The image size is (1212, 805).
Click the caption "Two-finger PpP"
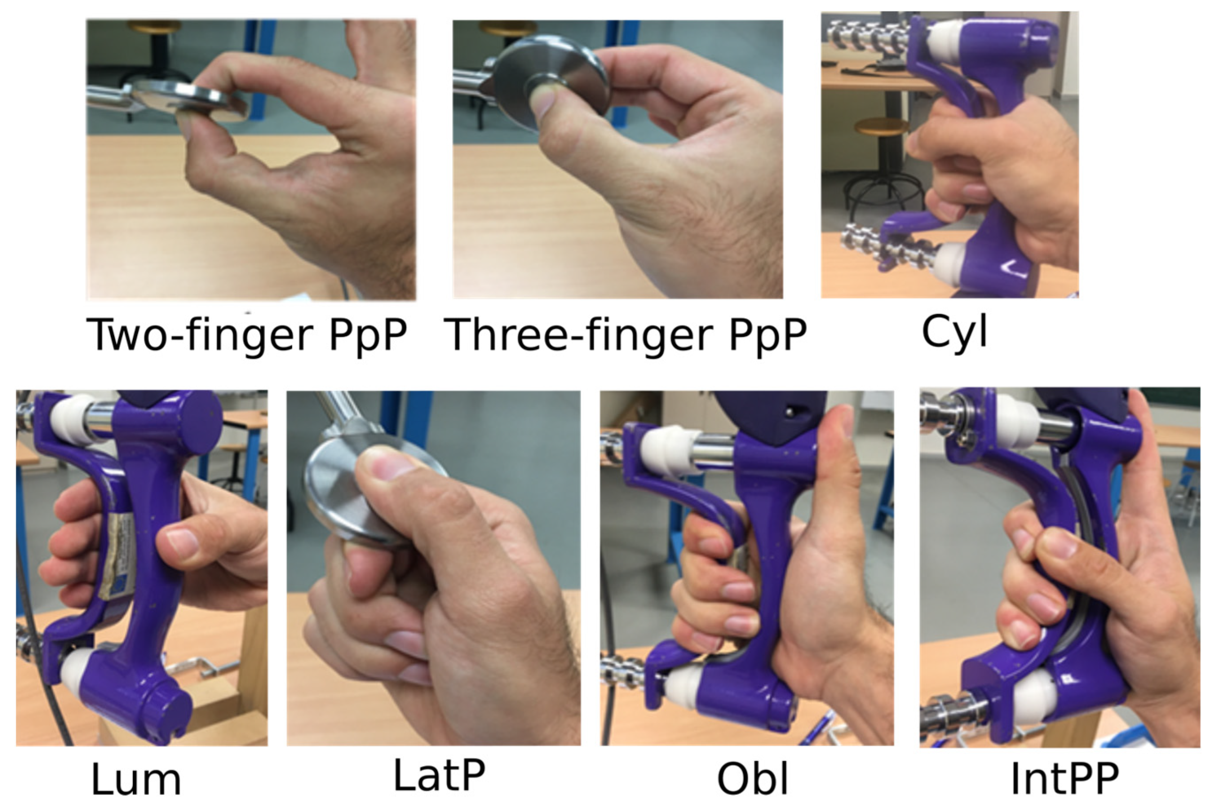click(x=247, y=335)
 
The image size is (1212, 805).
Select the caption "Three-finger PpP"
click(x=625, y=335)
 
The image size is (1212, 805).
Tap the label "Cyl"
click(x=954, y=333)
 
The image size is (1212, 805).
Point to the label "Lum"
click(x=136, y=779)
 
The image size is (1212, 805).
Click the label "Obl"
click(x=752, y=779)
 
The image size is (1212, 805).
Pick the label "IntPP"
click(x=1064, y=779)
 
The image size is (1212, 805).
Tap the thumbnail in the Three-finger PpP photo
click(x=540, y=103)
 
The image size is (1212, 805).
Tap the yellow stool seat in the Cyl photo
click(x=881, y=126)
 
